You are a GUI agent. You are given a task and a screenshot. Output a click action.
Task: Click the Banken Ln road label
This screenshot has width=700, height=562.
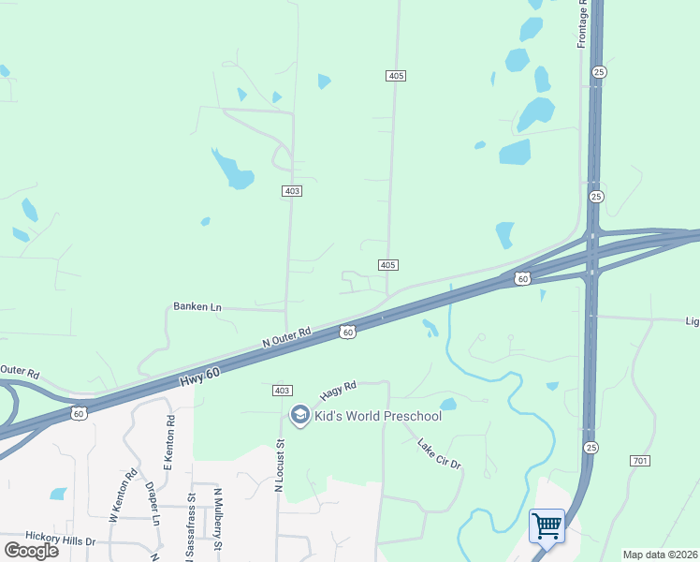pyautogui.click(x=197, y=306)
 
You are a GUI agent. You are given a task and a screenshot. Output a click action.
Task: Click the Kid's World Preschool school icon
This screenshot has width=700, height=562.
pyautogui.click(x=300, y=415)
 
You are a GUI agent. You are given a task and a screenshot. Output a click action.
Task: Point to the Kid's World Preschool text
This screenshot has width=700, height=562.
pyautogui.click(x=378, y=416)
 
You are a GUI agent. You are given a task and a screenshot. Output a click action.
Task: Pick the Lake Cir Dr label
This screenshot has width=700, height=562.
pyautogui.click(x=440, y=455)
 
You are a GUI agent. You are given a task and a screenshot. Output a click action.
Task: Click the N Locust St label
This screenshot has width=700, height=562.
pyautogui.click(x=279, y=466)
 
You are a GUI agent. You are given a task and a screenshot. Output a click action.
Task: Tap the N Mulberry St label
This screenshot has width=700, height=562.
pyautogui.click(x=218, y=518)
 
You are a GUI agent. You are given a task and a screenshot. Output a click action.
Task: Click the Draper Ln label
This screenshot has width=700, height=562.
pyautogui.click(x=153, y=504)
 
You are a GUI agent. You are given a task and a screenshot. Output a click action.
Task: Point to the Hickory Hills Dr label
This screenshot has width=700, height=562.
pyautogui.click(x=61, y=541)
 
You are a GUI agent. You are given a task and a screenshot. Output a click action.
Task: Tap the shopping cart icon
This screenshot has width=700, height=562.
pyautogui.click(x=547, y=525)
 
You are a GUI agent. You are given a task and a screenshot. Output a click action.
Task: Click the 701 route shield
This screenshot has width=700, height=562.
pyautogui.click(x=640, y=461)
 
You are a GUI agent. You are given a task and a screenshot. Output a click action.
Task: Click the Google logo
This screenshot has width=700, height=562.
pyautogui.click(x=32, y=551)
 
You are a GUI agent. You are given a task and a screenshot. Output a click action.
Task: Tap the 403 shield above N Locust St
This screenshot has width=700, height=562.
pyautogui.click(x=282, y=390)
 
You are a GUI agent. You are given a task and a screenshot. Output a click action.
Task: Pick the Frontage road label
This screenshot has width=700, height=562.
pyautogui.click(x=582, y=24)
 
